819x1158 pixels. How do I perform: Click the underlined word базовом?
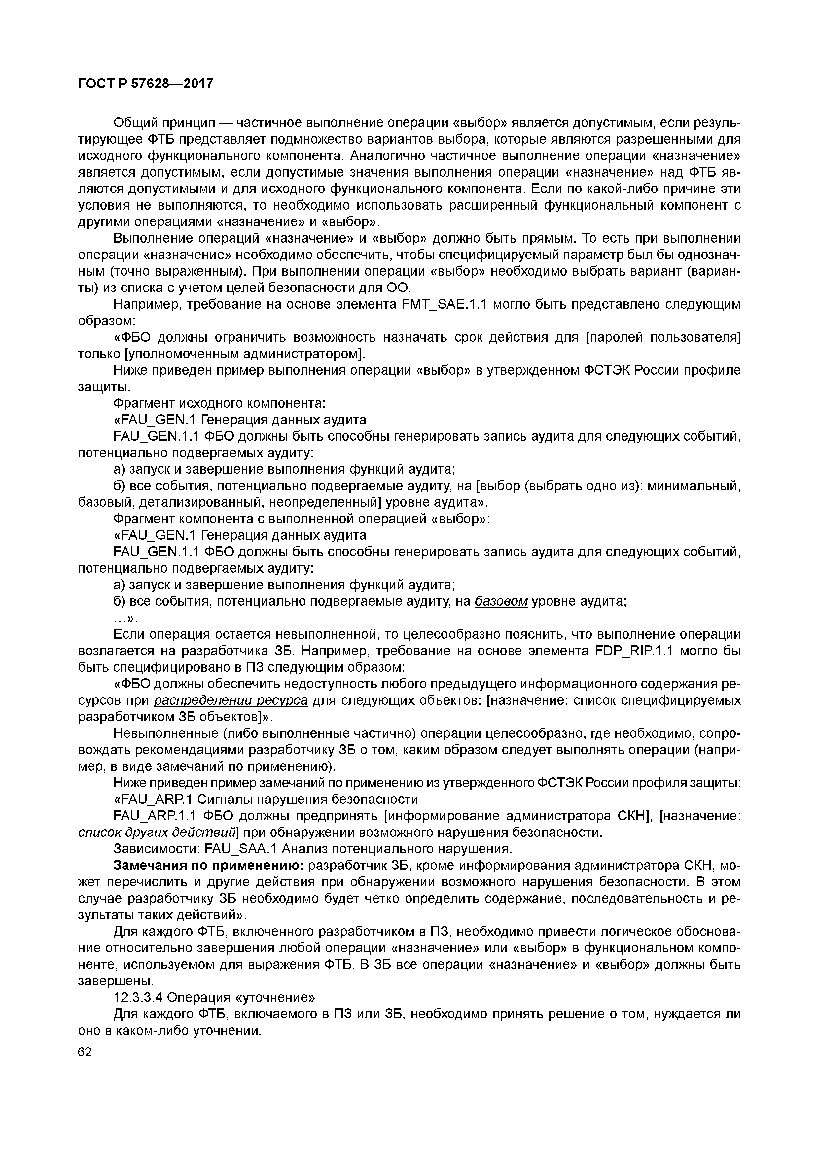click(501, 602)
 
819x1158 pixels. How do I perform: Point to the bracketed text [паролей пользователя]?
click(662, 337)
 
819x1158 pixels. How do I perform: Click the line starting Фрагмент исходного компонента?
click(220, 403)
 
